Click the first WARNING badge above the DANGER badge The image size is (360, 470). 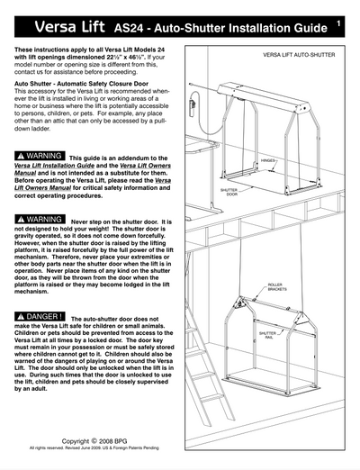40,219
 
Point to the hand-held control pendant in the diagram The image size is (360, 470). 213,97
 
